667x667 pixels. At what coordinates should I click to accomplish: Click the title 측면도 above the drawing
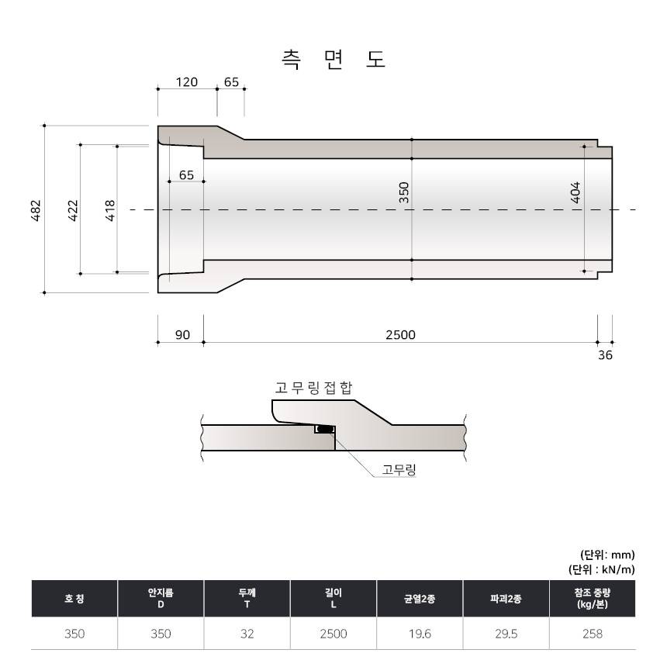pos(333,60)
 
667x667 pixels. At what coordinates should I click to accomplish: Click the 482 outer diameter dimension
pos(36,210)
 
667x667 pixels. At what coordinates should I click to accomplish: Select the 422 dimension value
pos(73,210)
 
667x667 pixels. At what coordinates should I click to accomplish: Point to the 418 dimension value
pos(110,210)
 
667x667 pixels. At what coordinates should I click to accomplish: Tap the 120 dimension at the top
pos(187,81)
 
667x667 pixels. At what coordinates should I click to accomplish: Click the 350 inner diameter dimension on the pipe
pos(403,192)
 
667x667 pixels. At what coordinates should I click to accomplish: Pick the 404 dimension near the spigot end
pos(575,192)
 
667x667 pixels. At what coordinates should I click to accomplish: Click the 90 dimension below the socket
pos(182,335)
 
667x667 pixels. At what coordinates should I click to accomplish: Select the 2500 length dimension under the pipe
pos(400,335)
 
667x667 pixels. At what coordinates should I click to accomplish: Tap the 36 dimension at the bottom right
pos(605,354)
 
